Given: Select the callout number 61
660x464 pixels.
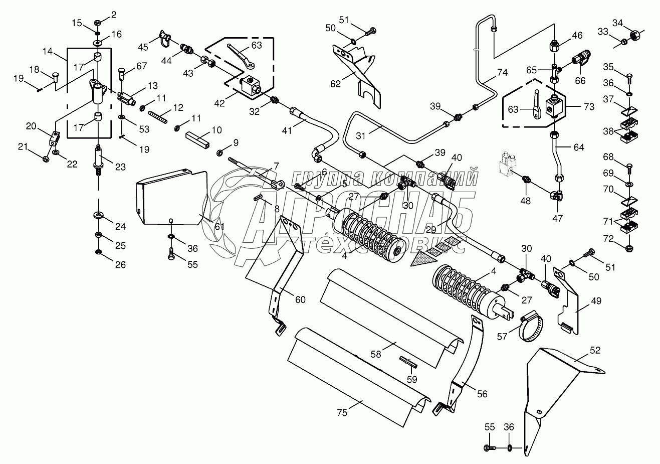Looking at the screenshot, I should (x=219, y=226).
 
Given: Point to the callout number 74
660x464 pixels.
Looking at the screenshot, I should (x=502, y=73).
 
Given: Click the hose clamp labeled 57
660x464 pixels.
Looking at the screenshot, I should (x=532, y=326).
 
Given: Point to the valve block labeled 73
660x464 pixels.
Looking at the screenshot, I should (x=555, y=106).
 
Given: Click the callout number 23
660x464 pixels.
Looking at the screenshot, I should (x=120, y=167).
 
